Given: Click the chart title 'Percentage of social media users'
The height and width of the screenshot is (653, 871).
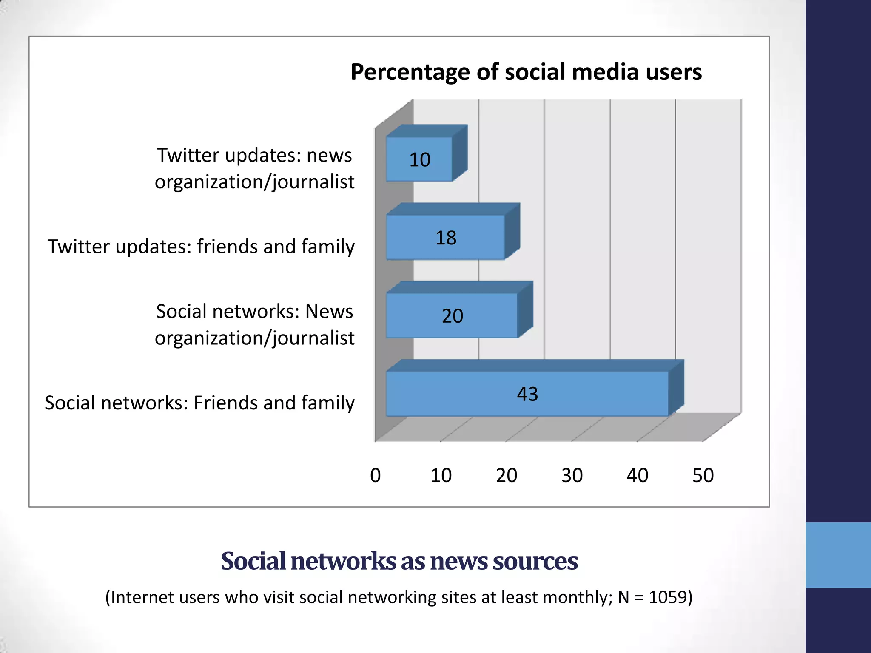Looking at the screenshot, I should pyautogui.click(x=526, y=72).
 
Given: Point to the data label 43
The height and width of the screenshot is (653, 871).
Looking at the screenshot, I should pyautogui.click(x=527, y=394).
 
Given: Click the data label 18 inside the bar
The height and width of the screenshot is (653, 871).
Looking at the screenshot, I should pyautogui.click(x=446, y=238).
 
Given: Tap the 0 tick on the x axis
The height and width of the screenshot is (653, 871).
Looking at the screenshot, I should pyautogui.click(x=375, y=475).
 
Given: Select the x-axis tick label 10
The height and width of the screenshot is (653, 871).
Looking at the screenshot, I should pyautogui.click(x=441, y=475).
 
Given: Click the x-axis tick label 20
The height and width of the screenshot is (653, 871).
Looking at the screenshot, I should pyautogui.click(x=506, y=475).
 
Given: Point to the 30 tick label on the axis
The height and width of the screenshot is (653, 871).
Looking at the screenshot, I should pyautogui.click(x=572, y=475).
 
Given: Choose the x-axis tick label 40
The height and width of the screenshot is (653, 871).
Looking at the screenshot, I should pyautogui.click(x=637, y=475).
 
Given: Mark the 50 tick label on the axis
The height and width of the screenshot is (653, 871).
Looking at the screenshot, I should pyautogui.click(x=703, y=475).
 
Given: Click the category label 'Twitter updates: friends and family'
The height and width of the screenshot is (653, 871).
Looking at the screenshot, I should pyautogui.click(x=201, y=247).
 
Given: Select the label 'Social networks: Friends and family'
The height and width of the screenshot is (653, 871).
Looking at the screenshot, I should pyautogui.click(x=199, y=403).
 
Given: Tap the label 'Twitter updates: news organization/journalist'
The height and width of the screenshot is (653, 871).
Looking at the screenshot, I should pyautogui.click(x=254, y=168).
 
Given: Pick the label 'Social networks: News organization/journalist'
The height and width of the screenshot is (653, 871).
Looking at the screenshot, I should pyautogui.click(x=254, y=324).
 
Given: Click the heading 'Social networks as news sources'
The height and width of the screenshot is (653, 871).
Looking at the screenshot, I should pyautogui.click(x=399, y=561).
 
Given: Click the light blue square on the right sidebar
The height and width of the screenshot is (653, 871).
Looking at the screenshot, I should pyautogui.click(x=838, y=555).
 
